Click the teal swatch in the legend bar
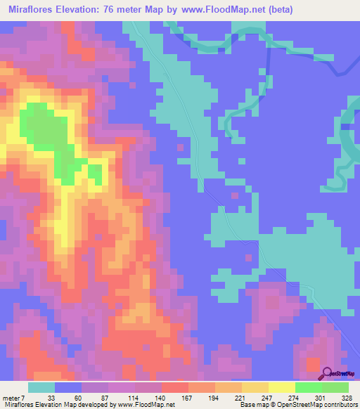[x=41, y=387]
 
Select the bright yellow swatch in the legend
[x=281, y=387]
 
